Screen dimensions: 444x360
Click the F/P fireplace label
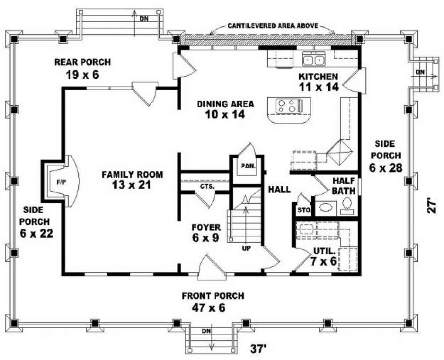click(61, 182)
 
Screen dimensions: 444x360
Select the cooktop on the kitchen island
click(289, 106)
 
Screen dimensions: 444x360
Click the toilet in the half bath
click(347, 206)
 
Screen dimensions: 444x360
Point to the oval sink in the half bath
click(325, 208)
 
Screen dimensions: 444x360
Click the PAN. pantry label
click(248, 166)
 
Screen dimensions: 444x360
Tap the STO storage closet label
click(304, 210)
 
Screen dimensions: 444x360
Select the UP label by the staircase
click(246, 248)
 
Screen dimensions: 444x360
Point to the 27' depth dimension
click(431, 205)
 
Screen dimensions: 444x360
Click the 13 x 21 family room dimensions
click(131, 185)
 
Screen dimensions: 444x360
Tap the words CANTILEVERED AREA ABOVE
click(273, 26)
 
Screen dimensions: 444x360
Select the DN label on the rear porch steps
click(144, 18)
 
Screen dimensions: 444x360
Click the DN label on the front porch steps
click(206, 331)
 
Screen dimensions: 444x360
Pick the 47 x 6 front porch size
click(209, 308)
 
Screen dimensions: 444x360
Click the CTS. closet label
click(207, 186)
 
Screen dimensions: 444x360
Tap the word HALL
click(279, 189)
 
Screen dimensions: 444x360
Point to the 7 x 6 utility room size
click(323, 261)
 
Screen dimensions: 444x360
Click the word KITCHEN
click(318, 77)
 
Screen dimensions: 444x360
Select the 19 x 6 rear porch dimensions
click(83, 75)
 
